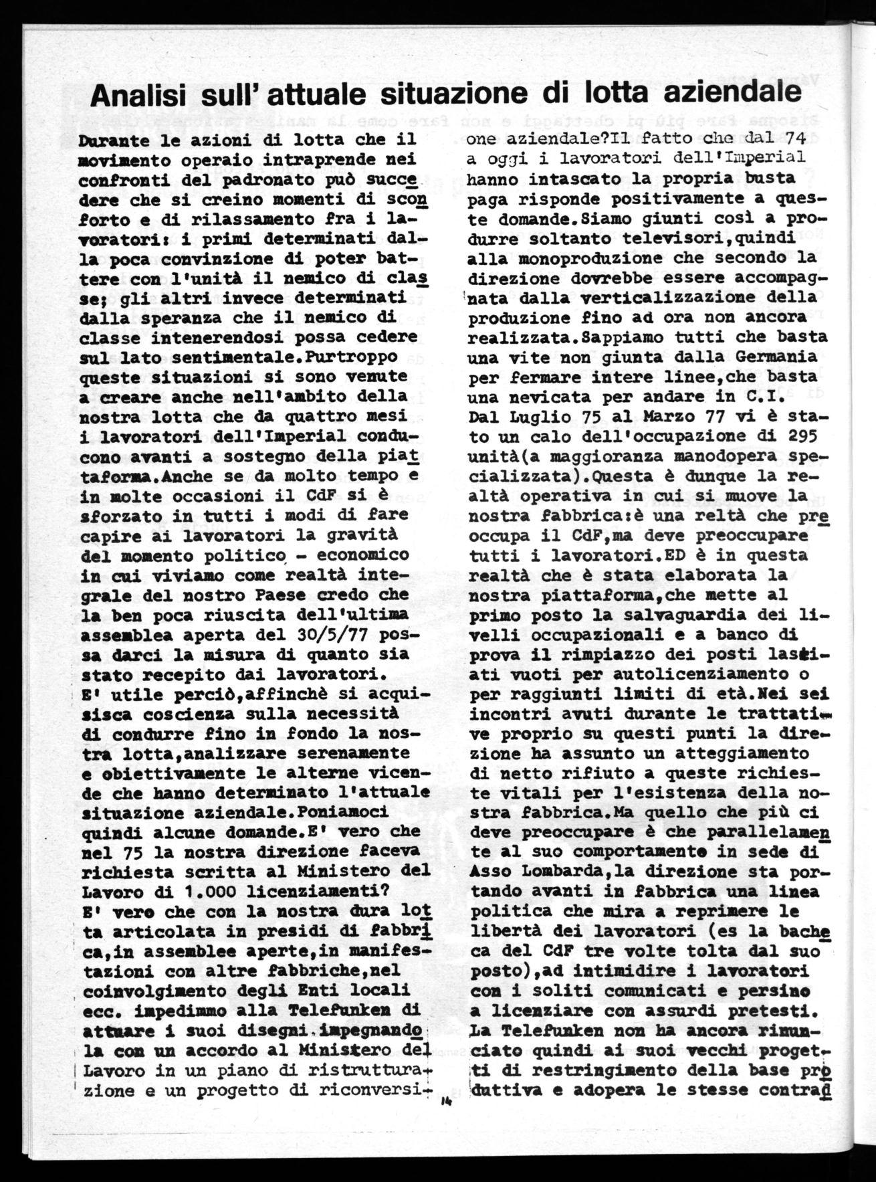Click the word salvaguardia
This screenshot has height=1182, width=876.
[709, 614]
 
